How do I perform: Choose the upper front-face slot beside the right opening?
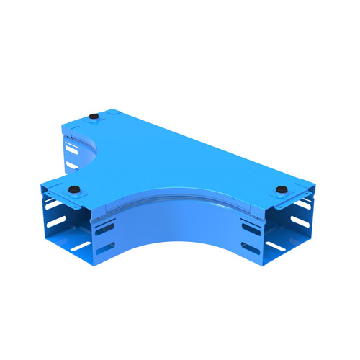(251, 229)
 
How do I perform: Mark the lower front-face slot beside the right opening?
(251, 248)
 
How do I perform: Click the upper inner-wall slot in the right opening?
(302, 204)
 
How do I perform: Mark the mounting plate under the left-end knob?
(72, 195)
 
